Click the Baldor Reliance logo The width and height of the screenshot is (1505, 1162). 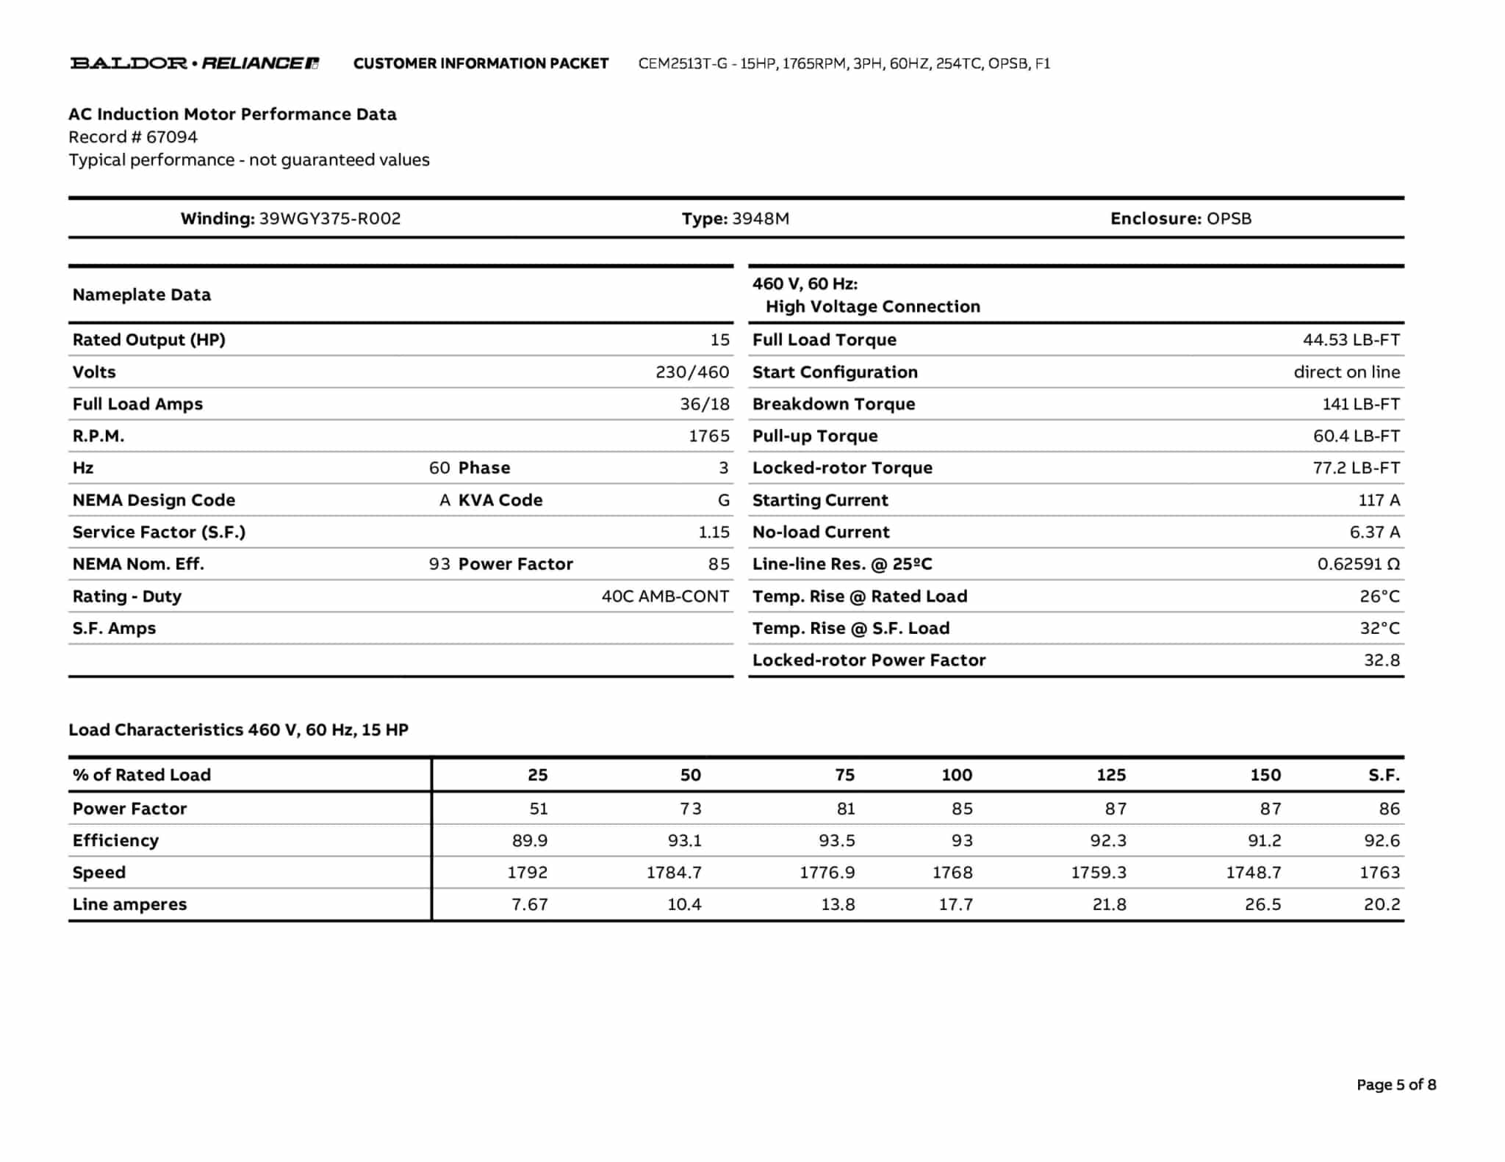coord(195,63)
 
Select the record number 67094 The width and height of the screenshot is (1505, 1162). coord(172,137)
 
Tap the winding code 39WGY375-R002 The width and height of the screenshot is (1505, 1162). coord(330,219)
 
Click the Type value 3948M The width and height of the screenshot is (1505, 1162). coord(761,219)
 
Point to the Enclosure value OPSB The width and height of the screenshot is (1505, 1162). coord(1229,219)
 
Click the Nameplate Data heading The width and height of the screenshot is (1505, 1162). coord(142,295)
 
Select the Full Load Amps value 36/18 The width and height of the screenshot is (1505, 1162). coord(704,404)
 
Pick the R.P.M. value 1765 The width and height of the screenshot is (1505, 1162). coord(708,436)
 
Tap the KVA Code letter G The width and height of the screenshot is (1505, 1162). coord(724,500)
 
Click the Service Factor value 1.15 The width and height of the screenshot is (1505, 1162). coord(714,533)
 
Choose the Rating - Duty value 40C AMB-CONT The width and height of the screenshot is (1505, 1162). coord(665,596)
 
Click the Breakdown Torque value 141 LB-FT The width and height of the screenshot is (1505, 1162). coord(1361,404)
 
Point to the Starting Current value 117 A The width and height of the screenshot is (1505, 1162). coord(1379,500)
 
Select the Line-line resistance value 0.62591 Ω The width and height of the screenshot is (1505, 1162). coord(1358,564)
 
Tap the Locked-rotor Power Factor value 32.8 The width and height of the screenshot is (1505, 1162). coord(1382,660)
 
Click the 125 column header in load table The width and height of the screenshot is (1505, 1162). coord(1111,775)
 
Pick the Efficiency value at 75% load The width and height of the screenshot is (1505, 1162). coord(837,840)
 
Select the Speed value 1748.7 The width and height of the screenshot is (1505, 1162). coord(1253,873)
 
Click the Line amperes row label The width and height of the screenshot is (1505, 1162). coord(130,904)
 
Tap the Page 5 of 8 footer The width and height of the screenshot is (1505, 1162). coord(1396,1085)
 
